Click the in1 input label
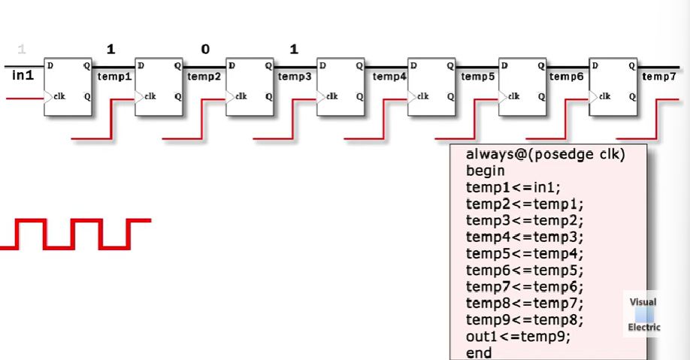pos(23,75)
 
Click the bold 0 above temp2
pos(204,50)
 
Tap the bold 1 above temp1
pos(111,50)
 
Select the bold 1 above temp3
pos(294,50)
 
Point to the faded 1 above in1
pos(21,50)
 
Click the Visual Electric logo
pos(644,315)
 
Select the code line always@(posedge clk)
pos(546,155)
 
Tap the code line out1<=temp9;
pos(518,337)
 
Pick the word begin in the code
pos(485,171)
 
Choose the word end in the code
pos(479,352)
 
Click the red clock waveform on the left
pos(75,233)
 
